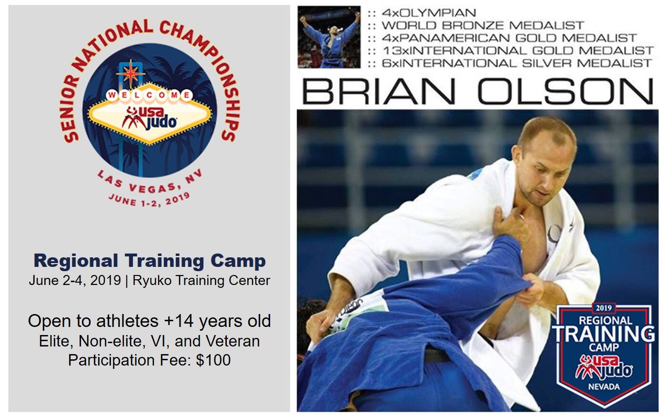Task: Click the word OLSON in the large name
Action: (566, 91)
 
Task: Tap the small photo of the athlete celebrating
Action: (329, 37)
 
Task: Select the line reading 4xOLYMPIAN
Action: (429, 13)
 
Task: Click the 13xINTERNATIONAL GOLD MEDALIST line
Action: (518, 51)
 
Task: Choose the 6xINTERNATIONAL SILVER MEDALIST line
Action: (517, 63)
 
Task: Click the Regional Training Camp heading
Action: (150, 261)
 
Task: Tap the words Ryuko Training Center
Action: (201, 281)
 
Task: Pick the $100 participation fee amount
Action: (213, 360)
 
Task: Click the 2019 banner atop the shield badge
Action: (604, 308)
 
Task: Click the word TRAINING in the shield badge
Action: (603, 334)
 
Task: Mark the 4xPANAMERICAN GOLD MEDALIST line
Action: (509, 38)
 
